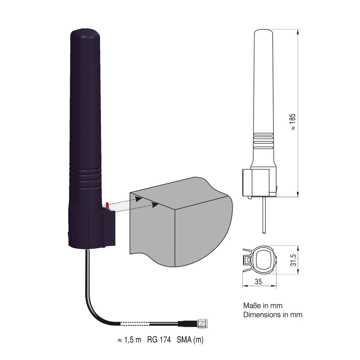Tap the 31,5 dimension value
(293, 259)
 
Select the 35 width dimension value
(258, 282)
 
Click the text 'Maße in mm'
(263, 305)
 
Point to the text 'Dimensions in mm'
(273, 315)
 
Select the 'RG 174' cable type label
(159, 340)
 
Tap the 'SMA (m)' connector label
(190, 340)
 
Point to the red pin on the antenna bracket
(107, 205)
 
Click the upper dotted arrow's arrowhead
(138, 199)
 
